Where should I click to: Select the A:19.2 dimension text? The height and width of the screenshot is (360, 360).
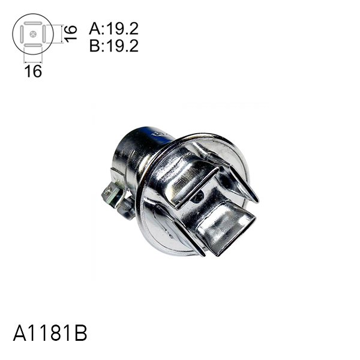click(x=114, y=29)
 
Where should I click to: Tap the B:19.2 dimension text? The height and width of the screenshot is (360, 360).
click(x=114, y=46)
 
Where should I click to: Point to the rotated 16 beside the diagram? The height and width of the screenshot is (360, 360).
click(x=71, y=32)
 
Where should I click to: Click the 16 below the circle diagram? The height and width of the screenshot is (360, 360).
click(x=33, y=71)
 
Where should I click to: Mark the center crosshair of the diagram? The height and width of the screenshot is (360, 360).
click(x=33, y=34)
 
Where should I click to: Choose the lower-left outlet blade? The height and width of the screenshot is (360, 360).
click(x=180, y=231)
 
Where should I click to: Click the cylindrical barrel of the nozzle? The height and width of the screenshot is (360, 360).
click(x=135, y=156)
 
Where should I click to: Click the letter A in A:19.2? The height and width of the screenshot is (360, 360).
click(x=94, y=29)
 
